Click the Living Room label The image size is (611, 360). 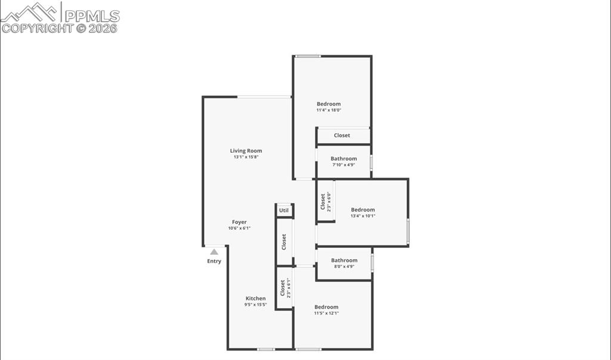click(x=246, y=151)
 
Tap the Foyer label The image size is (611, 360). click(x=239, y=222)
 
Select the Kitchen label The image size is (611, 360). click(x=255, y=299)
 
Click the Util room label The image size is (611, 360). click(x=284, y=210)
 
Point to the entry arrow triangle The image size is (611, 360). click(x=214, y=252)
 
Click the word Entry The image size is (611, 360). click(x=214, y=261)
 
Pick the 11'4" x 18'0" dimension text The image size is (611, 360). click(x=328, y=110)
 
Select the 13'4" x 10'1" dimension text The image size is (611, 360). click(x=363, y=216)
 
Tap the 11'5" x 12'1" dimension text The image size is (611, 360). click(x=326, y=313)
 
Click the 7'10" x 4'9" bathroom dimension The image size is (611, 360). click(x=344, y=165)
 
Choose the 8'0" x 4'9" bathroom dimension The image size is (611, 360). click(x=344, y=266)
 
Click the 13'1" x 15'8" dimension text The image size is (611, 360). click(x=246, y=157)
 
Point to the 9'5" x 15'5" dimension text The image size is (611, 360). click(x=255, y=304)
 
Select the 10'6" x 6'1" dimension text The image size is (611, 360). click(x=239, y=228)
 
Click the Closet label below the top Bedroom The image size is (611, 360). click(x=342, y=136)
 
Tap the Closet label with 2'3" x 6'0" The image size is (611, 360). click(x=323, y=202)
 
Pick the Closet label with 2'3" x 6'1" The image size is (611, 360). click(x=282, y=288)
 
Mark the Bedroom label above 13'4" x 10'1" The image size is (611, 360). click(x=363, y=210)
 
